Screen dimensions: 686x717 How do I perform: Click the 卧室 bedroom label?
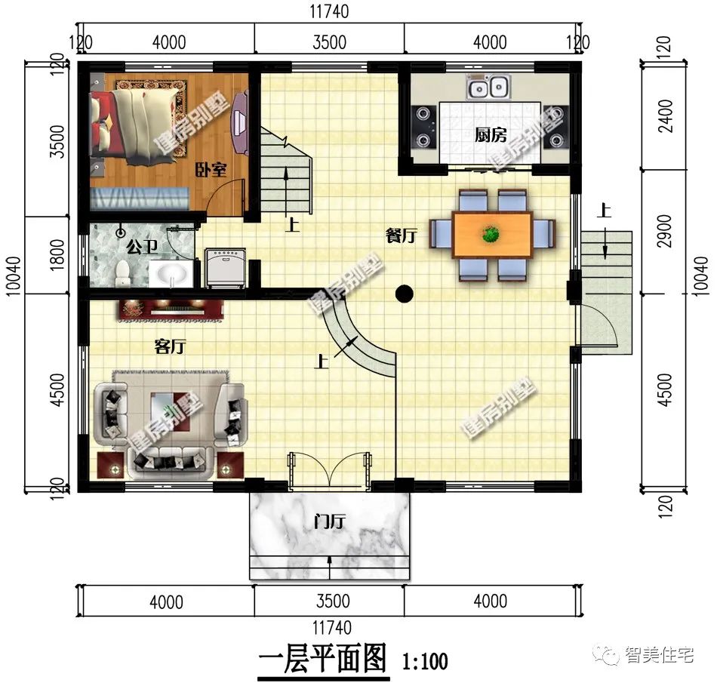click(213, 170)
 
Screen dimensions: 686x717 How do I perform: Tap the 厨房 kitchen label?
click(490, 135)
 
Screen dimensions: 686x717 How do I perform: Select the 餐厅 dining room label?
click(401, 236)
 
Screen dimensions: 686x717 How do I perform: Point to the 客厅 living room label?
click(170, 346)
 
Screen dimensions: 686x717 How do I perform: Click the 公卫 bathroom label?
click(142, 246)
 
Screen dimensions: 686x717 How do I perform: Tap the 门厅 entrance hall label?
click(329, 521)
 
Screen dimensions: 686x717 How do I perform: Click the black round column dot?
click(405, 294)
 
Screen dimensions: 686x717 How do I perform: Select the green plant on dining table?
click(491, 235)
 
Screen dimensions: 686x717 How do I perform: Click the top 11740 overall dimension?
click(330, 12)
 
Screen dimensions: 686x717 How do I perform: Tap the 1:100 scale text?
click(425, 662)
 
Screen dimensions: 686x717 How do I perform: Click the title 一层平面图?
click(323, 659)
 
